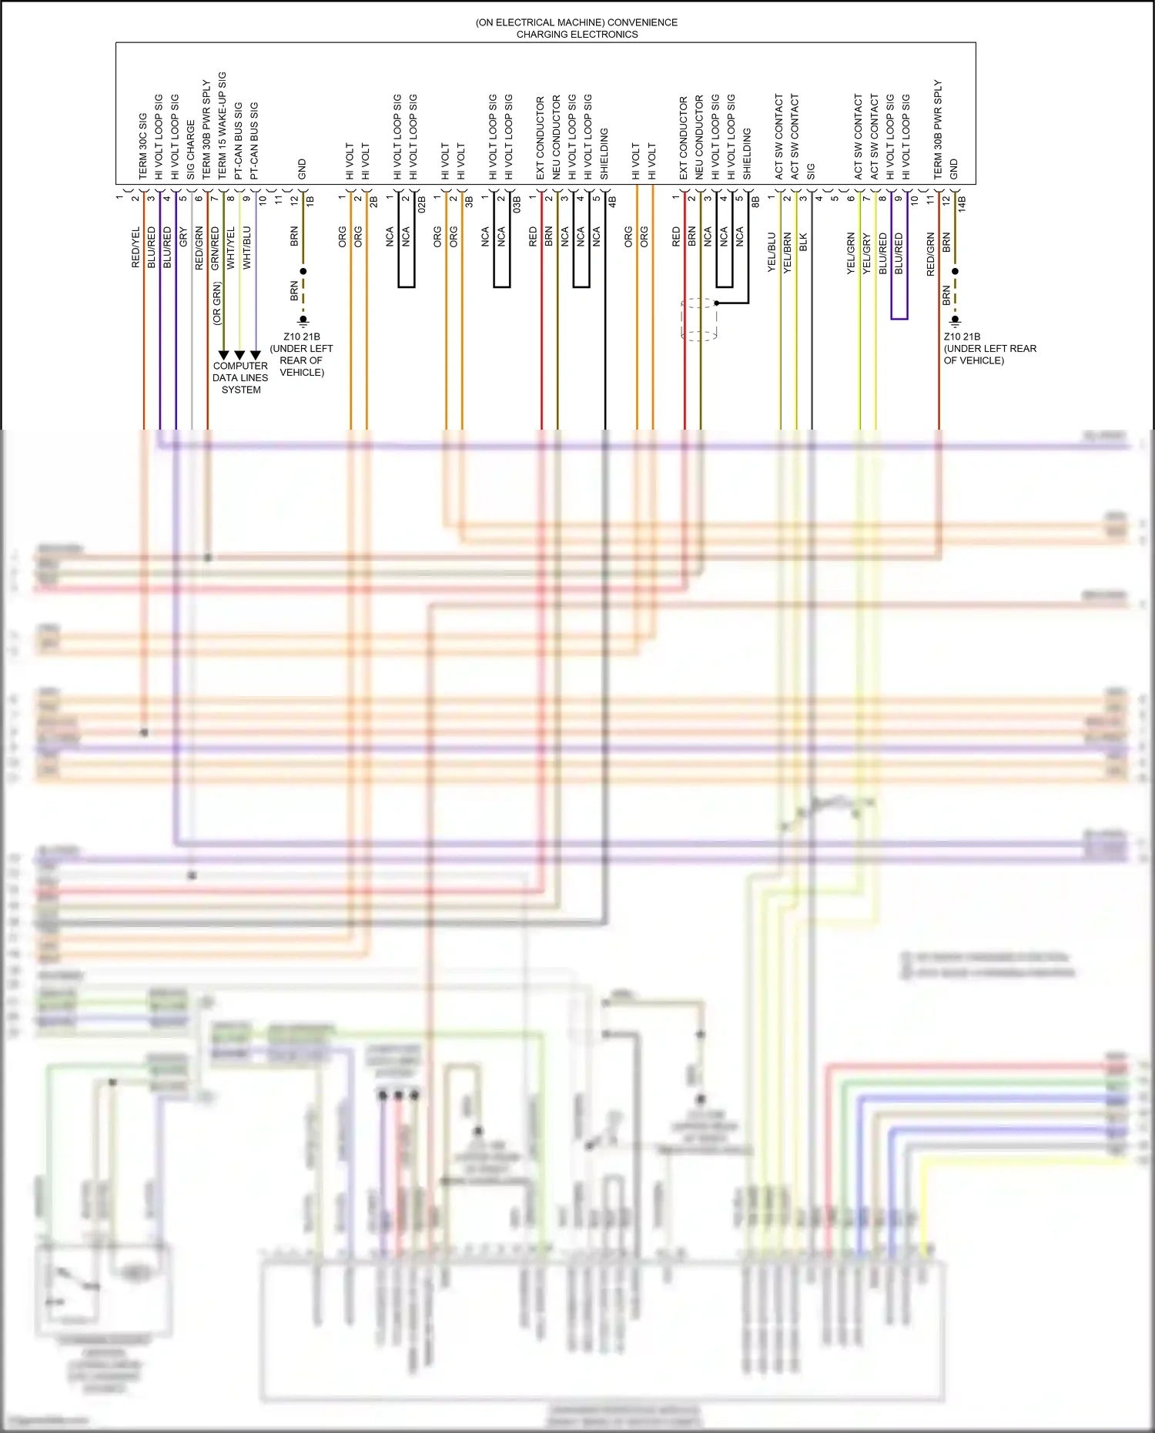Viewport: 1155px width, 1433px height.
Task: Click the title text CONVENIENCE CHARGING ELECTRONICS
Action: coord(577,28)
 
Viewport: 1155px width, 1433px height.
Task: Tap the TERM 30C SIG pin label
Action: coord(142,146)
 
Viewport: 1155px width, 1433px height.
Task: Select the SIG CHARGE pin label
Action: coord(190,149)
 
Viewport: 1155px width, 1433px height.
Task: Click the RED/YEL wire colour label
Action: coord(136,247)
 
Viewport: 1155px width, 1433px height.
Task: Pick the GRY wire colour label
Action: coord(183,237)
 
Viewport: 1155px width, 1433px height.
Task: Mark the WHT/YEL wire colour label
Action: coord(231,248)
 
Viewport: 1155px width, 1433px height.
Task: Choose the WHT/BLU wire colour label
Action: coord(247,248)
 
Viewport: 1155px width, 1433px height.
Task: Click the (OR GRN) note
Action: coord(217,303)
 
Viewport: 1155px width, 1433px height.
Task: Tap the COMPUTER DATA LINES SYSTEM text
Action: coord(240,378)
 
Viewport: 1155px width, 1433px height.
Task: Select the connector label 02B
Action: coord(422,205)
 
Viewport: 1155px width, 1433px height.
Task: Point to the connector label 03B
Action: coord(517,205)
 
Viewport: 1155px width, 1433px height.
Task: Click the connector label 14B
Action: coord(962,203)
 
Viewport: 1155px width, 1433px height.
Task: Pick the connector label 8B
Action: coord(755,202)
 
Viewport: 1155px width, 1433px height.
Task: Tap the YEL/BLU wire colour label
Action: coord(772,252)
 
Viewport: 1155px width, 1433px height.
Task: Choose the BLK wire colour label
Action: coord(804,242)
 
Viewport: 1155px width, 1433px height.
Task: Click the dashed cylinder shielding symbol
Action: coord(699,320)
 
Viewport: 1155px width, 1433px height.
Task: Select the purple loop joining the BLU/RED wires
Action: coord(899,317)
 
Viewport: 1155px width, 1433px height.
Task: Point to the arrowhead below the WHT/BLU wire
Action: coord(256,355)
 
